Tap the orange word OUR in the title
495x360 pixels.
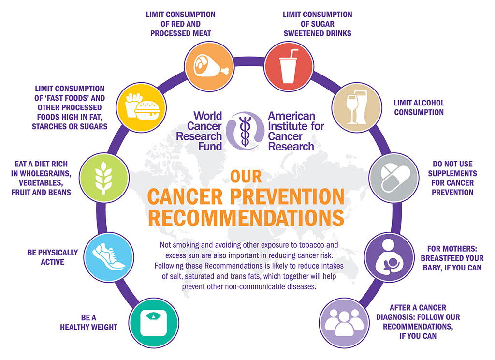coord(247,177)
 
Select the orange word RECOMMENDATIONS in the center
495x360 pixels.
coord(247,217)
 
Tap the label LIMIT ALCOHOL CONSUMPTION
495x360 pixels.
coord(419,107)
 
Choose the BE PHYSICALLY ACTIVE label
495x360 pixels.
coord(53,257)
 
